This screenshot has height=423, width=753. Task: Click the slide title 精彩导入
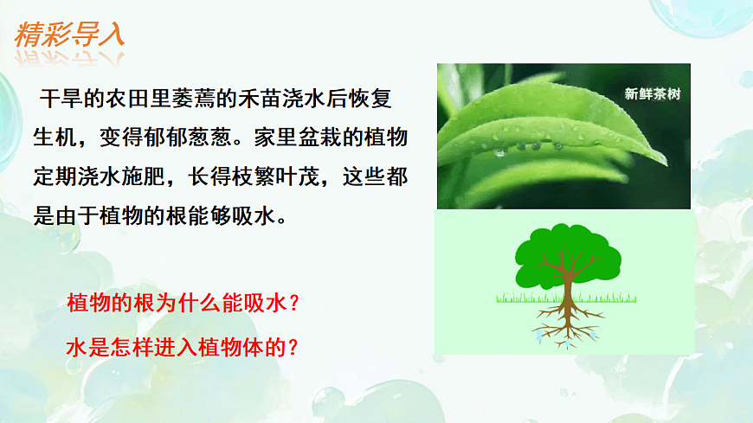click(x=70, y=35)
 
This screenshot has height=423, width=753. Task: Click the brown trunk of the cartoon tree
click(x=567, y=285)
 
